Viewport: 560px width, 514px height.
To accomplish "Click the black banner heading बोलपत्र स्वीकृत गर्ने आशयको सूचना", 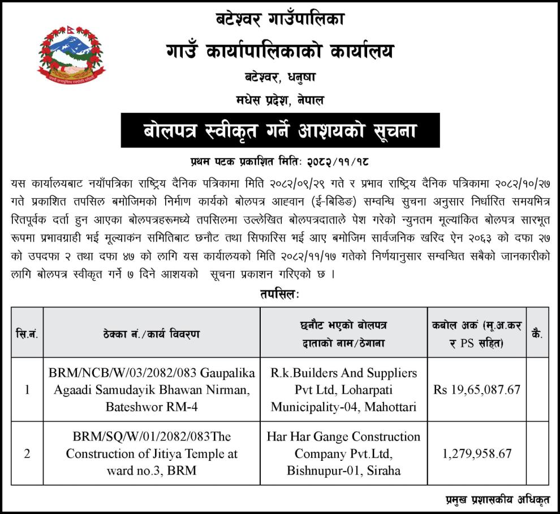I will [x=279, y=130].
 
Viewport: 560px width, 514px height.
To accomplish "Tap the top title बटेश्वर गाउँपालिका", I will [x=279, y=20].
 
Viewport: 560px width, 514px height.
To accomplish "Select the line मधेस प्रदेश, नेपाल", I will [x=279, y=100].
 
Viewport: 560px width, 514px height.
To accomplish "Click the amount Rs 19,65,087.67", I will [x=477, y=389].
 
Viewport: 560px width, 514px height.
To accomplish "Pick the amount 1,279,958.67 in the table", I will [x=477, y=453].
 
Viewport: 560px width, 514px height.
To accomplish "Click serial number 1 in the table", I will [x=27, y=389].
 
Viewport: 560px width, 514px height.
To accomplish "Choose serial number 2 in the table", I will [x=27, y=453].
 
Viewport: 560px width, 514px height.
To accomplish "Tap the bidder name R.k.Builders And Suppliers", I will [x=343, y=373].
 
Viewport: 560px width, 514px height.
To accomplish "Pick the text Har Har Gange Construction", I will [x=343, y=437].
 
